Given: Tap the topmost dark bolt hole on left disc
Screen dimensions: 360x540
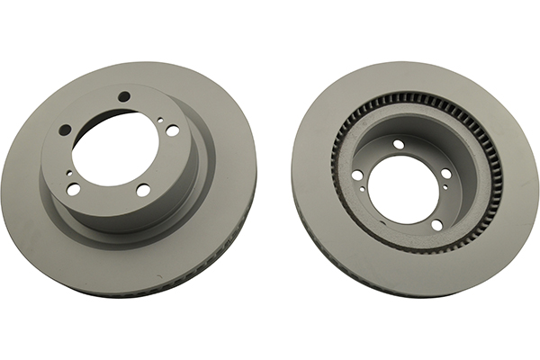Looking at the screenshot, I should [x=125, y=97].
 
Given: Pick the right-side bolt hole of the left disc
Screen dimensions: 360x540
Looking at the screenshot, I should [x=172, y=130].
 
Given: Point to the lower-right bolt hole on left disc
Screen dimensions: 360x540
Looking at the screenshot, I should [x=143, y=190].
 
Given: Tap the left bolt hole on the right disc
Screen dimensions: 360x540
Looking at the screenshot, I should [x=357, y=175].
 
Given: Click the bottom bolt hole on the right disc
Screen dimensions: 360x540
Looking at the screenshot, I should [x=436, y=224].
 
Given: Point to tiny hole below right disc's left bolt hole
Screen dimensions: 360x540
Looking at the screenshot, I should [x=362, y=189].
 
